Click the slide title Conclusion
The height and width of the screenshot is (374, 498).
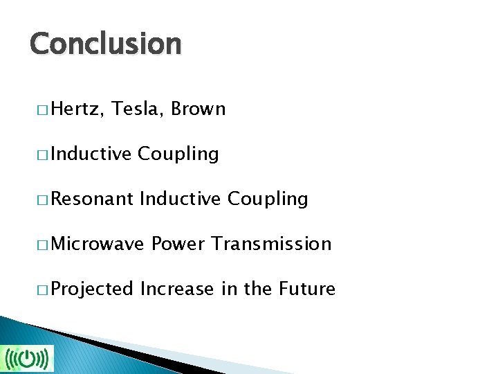[105, 44]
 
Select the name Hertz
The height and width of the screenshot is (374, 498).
[76, 109]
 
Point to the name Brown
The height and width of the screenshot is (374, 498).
[198, 109]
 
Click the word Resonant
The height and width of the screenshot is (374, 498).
[92, 199]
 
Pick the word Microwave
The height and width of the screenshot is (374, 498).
[98, 244]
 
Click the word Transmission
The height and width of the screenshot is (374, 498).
[271, 244]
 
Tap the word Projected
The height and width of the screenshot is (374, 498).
[92, 289]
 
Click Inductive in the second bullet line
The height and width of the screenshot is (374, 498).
[91, 154]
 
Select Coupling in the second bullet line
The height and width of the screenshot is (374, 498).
[178, 154]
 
